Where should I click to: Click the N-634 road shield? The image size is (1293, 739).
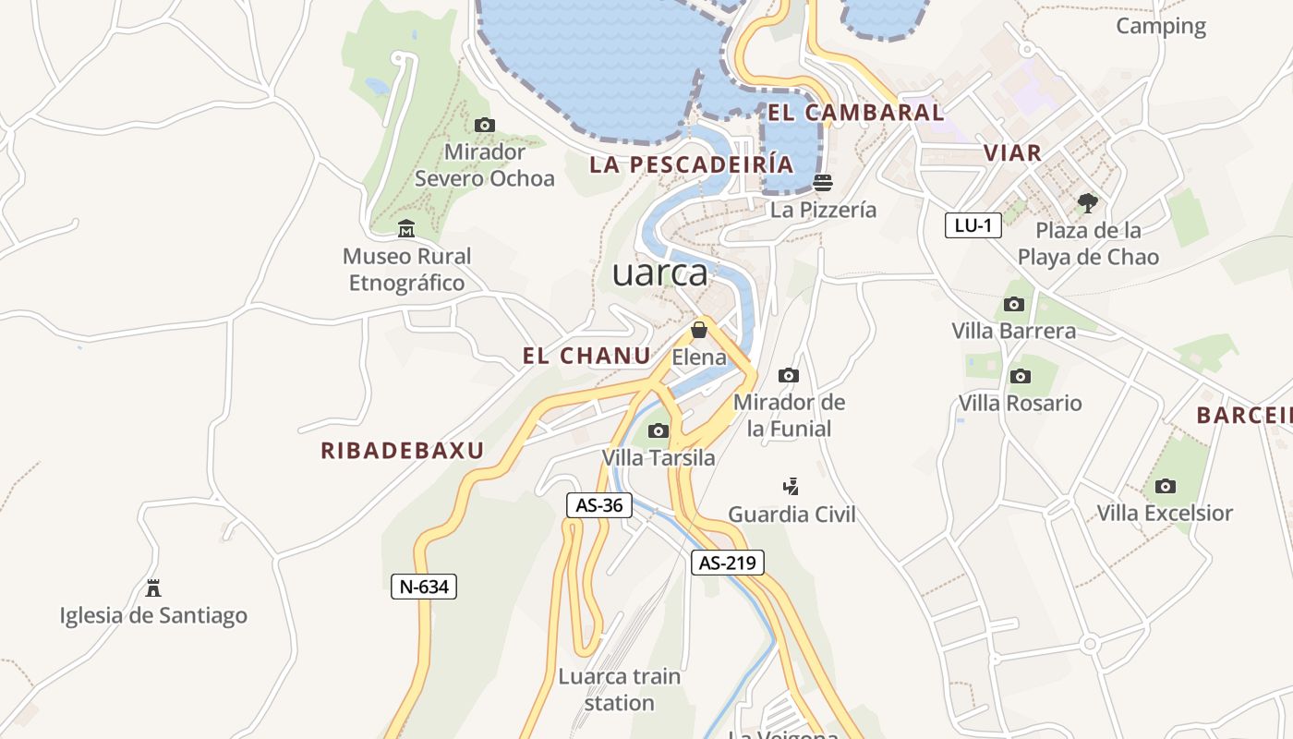pos(424,586)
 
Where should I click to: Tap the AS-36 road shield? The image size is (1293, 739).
pos(598,505)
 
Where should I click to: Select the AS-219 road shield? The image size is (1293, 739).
pos(728,563)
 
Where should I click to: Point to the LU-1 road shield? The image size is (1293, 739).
pos(973,224)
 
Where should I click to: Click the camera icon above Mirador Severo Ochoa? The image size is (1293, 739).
pos(484,125)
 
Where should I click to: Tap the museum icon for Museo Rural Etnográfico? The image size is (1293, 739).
pos(405,228)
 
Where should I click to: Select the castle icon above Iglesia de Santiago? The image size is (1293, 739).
pos(153,588)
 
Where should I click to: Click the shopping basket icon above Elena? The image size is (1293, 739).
pos(699,330)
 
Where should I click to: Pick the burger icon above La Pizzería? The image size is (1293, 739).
pos(823,182)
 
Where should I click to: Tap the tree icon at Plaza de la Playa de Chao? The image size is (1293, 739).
pos(1088,202)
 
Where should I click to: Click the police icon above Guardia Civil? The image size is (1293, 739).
pos(791,486)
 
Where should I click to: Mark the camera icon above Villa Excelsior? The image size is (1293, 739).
pos(1165,486)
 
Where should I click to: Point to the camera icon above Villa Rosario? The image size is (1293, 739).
pos(1020,376)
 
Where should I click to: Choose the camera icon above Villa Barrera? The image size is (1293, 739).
pos(1013,304)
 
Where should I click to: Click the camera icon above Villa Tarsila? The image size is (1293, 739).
pos(658,430)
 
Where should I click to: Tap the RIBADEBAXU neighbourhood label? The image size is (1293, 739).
pos(403,451)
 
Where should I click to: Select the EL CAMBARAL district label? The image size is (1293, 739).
pos(856,113)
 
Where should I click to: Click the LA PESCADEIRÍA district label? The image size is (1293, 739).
pos(691,164)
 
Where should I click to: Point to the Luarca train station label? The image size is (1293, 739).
pos(619,689)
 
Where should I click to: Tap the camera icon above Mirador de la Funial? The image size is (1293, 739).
pos(788,375)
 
